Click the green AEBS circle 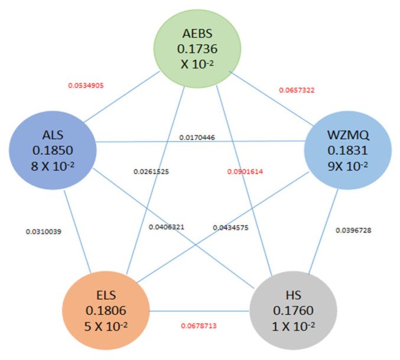[197, 49]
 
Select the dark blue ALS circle [53, 150]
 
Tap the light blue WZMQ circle [348, 150]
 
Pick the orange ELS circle [106, 310]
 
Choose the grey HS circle [294, 310]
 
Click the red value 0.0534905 [86, 86]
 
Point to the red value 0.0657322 [297, 90]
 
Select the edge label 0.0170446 [197, 138]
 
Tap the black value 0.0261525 [151, 172]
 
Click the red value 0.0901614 [245, 172]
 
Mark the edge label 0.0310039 [44, 231]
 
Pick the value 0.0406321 [167, 227]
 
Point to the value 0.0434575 [230, 228]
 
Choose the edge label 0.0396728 [353, 230]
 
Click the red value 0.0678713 [199, 326]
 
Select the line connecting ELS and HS [200, 311]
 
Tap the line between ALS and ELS [77, 231]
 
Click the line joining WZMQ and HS [323, 232]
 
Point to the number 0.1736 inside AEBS [197, 49]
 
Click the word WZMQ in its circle [348, 135]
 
